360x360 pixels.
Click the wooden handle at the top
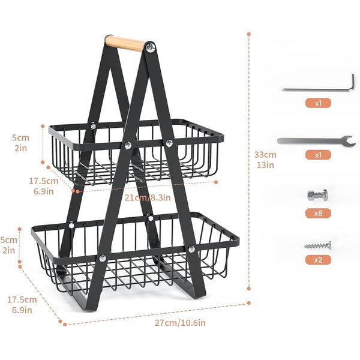(x=125, y=43)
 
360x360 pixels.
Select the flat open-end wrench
(x=316, y=141)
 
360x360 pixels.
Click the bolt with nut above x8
(x=317, y=195)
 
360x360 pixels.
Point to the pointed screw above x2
(x=317, y=246)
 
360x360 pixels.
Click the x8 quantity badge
(x=318, y=214)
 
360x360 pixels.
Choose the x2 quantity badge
(x=318, y=260)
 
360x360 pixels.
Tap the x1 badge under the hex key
(x=318, y=103)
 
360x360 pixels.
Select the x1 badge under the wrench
(x=318, y=155)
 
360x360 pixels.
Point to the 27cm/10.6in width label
(x=180, y=323)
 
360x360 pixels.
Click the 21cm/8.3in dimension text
(x=148, y=197)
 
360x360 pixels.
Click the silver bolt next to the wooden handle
(x=150, y=48)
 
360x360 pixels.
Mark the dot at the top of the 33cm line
(x=248, y=34)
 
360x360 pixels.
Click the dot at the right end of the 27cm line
(x=248, y=303)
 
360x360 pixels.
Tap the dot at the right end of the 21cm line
(x=216, y=182)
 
